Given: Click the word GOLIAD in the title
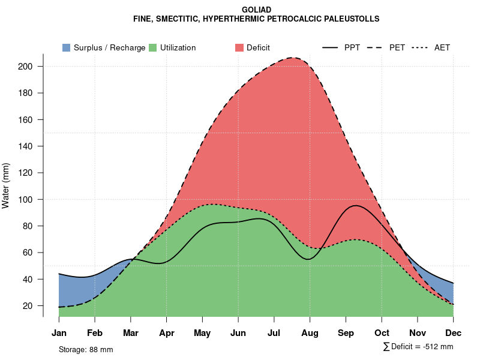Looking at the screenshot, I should tap(256, 10).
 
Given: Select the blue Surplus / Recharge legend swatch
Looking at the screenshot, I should tap(66, 47).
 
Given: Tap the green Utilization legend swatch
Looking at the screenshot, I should tap(152, 47).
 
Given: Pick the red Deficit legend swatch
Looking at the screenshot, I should tap(239, 47).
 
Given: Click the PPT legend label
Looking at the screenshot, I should tap(352, 47).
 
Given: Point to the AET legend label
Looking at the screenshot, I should tap(442, 47).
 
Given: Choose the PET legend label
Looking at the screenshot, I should tap(397, 47).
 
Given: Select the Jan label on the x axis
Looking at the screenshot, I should tap(59, 333).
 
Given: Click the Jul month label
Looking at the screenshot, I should tap(274, 333).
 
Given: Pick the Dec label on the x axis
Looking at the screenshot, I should tap(454, 333).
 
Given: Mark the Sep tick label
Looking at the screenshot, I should tap(346, 333).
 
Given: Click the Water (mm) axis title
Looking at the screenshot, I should tap(6, 185).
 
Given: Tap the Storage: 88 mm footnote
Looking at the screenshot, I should tap(86, 349).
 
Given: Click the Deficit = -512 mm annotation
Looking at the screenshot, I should tap(418, 347).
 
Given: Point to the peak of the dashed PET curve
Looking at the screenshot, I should tap(293, 58).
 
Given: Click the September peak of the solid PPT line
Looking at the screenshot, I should tap(356, 205).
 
